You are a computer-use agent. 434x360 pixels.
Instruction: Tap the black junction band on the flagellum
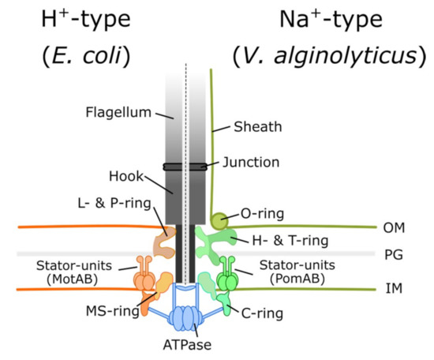[185, 167]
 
